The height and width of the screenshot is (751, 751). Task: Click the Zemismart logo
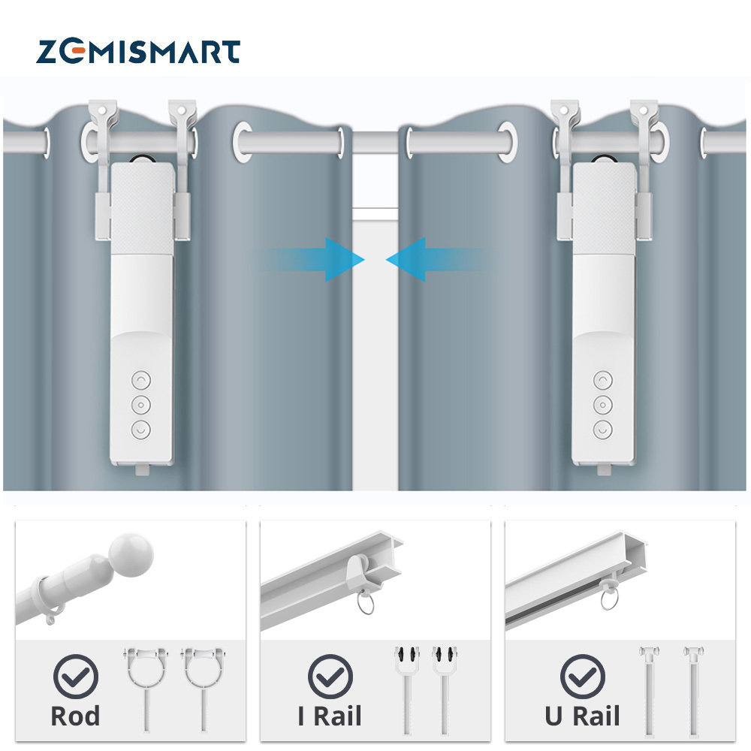138,52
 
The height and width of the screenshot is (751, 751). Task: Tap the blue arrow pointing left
409,260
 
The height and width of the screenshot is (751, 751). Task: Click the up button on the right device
602,380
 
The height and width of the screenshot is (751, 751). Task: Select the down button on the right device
602,430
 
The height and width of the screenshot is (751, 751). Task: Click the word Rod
75,716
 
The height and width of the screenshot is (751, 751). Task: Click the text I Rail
330,716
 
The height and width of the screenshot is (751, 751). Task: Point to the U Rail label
582,716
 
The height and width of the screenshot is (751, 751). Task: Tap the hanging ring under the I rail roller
365,602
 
